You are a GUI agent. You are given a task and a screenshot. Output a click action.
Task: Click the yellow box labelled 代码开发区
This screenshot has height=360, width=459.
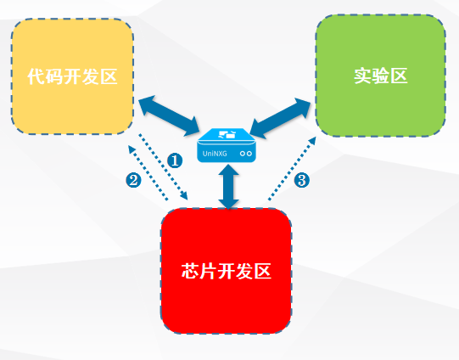pos(72,76)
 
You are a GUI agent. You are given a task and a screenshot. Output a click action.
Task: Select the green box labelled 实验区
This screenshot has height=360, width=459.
pos(381,76)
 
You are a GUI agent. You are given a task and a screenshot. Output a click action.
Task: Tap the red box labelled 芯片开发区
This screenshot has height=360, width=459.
pos(227,271)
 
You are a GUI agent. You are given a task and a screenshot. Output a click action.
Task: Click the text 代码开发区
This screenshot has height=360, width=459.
pos(72,76)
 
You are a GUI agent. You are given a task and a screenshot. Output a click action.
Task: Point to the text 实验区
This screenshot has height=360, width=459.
pos(381,76)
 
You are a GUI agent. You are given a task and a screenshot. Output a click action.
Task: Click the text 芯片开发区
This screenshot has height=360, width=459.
pos(227,271)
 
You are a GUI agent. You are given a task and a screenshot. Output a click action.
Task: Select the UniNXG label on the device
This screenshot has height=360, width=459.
pos(215,154)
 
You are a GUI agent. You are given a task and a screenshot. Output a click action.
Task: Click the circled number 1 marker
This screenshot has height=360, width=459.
pos(175,160)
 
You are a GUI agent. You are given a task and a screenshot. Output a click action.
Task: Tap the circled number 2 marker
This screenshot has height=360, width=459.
pos(133,181)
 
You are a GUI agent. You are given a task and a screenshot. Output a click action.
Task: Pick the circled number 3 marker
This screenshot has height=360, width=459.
pos(301,180)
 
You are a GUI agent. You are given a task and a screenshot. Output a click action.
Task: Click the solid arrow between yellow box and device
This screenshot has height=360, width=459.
pos(169,115)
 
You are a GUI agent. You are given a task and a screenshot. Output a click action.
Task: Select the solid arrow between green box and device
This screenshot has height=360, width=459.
pos(280,118)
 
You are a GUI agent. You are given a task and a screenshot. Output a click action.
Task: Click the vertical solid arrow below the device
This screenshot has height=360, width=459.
pos(228,187)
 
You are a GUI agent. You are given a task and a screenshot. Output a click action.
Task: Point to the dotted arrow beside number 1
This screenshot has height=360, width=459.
pos(163,166)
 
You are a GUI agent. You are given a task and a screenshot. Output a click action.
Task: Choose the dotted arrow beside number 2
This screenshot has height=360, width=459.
pos(148,173)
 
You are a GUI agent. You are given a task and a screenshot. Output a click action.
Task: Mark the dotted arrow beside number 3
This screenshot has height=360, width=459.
pos(292,168)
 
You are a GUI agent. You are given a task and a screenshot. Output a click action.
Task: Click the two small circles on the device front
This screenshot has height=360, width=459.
pos(246,154)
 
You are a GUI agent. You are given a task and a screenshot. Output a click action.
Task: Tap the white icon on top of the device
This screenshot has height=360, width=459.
pos(227,134)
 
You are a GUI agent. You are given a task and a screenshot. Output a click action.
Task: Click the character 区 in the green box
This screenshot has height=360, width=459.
pos(399,76)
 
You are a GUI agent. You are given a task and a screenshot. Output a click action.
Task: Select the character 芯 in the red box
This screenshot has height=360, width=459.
pos(190,271)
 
